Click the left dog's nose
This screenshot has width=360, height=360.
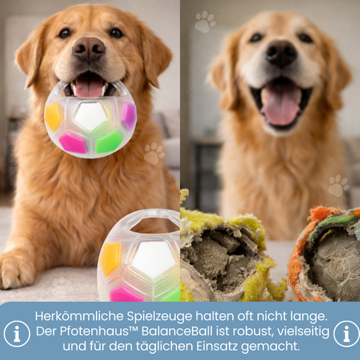[x=89, y=49]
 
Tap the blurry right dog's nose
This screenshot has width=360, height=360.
[x=281, y=54]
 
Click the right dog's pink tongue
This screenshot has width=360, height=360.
[x=281, y=105]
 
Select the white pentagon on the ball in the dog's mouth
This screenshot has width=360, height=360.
[x=91, y=116]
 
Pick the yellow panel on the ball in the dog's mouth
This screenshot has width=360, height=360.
[x=53, y=116]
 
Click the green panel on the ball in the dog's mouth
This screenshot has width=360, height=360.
[x=109, y=142]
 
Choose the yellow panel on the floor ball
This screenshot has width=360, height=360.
[x=110, y=259]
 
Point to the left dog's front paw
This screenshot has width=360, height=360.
[x=16, y=271]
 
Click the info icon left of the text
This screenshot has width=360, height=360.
[x=17, y=334]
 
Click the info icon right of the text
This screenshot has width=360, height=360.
[x=346, y=334]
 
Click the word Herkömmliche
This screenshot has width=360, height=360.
[x=80, y=316]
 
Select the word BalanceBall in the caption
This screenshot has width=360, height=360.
[x=177, y=332]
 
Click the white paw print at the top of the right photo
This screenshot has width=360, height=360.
[x=205, y=22]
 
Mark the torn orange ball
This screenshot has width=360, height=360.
[x=324, y=254]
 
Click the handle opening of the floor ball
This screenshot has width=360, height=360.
[x=154, y=225]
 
